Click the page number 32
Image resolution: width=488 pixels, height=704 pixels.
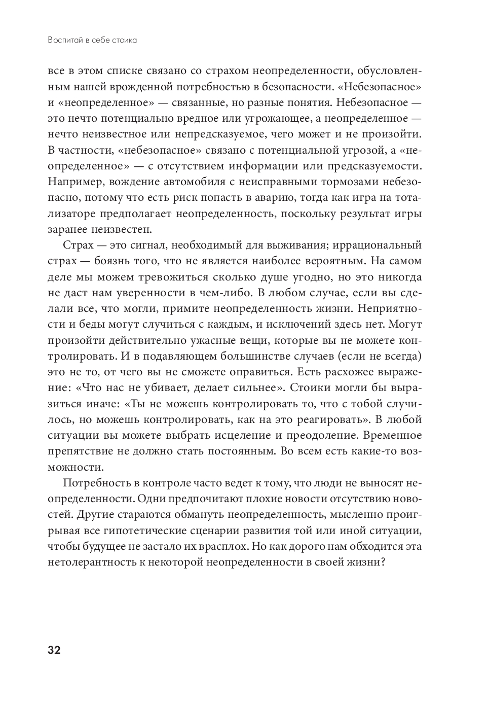click(54, 650)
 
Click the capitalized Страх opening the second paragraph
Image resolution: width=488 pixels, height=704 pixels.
click(79, 245)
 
